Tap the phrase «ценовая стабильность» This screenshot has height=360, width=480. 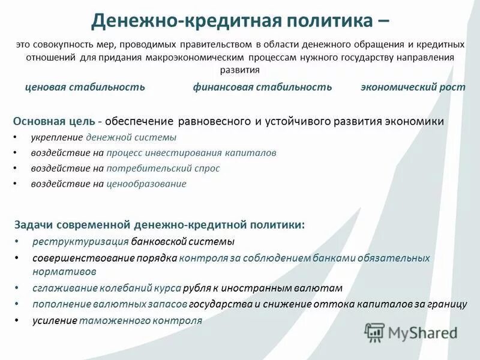tap(85, 87)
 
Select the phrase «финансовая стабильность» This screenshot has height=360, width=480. tap(262, 87)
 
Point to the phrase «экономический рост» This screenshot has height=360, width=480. tap(413, 87)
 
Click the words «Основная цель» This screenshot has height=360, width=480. tap(54, 122)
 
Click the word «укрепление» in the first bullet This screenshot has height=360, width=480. tap(57, 137)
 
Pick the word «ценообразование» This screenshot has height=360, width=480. tap(146, 184)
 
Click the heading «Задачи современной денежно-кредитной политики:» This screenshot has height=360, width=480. tap(159, 224)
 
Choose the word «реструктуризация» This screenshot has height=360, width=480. tap(80, 242)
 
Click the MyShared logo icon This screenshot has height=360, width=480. tap(375, 332)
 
